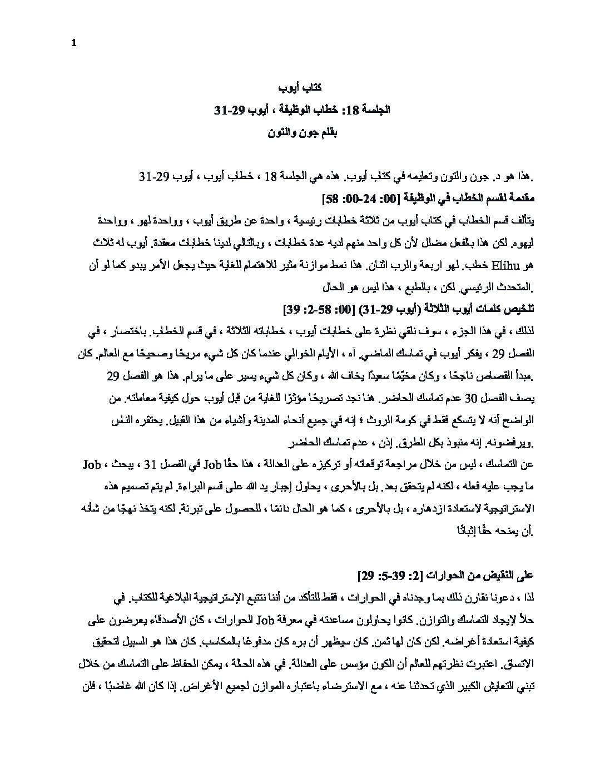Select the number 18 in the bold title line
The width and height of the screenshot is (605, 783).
[353, 110]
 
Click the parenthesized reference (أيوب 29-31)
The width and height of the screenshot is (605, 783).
[384, 309]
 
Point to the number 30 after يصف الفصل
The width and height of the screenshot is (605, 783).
[486, 399]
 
